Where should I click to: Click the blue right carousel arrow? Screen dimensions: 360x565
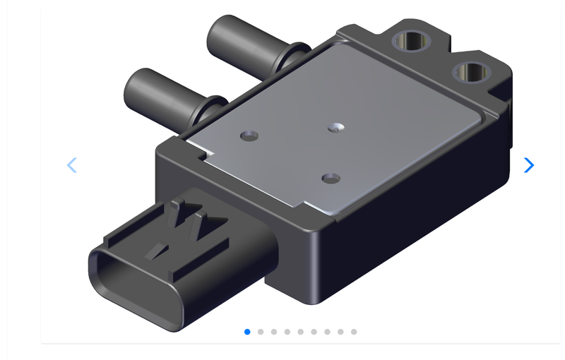point(528,165)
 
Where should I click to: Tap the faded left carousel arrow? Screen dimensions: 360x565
point(71,165)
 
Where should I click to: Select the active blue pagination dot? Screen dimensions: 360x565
point(247,332)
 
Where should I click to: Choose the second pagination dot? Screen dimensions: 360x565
point(261,332)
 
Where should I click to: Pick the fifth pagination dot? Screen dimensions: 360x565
point(301,332)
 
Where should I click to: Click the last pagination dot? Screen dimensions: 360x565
point(354,332)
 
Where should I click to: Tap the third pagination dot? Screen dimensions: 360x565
point(274,332)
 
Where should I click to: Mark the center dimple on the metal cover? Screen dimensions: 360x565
point(336,127)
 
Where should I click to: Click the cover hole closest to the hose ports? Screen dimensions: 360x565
point(249,134)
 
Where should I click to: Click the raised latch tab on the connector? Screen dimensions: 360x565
point(187,219)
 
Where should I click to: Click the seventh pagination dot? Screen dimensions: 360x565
point(327,332)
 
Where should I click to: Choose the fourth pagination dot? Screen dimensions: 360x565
point(287,332)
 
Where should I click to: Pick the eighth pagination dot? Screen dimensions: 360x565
point(340,332)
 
